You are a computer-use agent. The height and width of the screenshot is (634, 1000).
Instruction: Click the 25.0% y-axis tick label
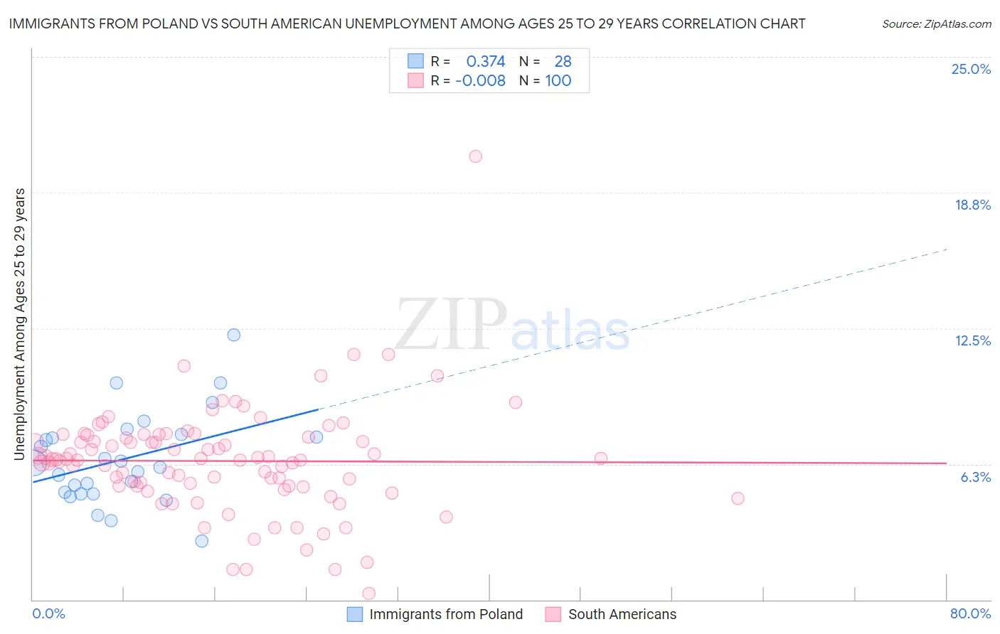click(x=971, y=69)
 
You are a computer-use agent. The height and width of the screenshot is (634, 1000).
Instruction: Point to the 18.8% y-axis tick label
click(x=972, y=205)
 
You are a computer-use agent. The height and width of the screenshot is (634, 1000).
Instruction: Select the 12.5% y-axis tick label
click(x=972, y=340)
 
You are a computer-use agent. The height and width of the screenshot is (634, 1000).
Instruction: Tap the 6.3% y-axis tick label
click(x=975, y=477)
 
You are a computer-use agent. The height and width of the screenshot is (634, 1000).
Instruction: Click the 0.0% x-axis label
click(x=48, y=613)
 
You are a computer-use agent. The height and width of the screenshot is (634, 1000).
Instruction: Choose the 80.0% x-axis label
click(x=970, y=613)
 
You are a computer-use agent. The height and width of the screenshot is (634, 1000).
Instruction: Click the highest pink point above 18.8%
click(x=475, y=156)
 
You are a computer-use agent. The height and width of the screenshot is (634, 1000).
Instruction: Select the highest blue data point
click(x=233, y=335)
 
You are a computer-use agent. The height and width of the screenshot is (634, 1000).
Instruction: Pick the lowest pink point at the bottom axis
click(x=368, y=593)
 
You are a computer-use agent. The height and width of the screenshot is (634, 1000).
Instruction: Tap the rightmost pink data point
click(x=738, y=498)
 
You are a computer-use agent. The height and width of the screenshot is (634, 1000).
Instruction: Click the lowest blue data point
click(x=201, y=541)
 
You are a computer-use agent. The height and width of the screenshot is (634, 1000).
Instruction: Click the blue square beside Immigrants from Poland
click(x=354, y=614)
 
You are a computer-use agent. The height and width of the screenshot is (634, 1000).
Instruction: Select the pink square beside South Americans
click(x=553, y=614)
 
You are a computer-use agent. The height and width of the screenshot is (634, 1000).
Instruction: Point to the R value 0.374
click(x=485, y=61)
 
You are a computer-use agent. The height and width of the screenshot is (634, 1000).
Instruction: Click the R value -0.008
click(x=480, y=80)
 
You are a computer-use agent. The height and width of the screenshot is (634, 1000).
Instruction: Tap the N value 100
click(x=558, y=80)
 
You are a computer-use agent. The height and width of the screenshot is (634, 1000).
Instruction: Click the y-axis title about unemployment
click(x=20, y=323)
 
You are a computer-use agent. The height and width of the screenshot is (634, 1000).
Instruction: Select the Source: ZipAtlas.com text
click(x=936, y=24)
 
